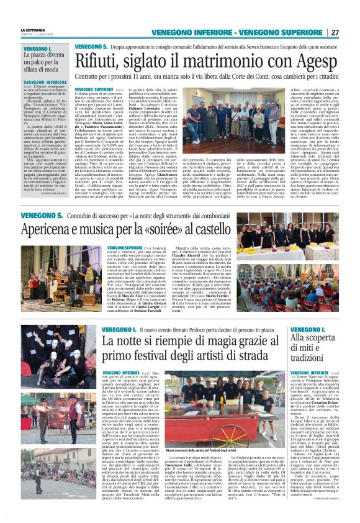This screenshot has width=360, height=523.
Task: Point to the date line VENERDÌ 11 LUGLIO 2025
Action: coord(38,34)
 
